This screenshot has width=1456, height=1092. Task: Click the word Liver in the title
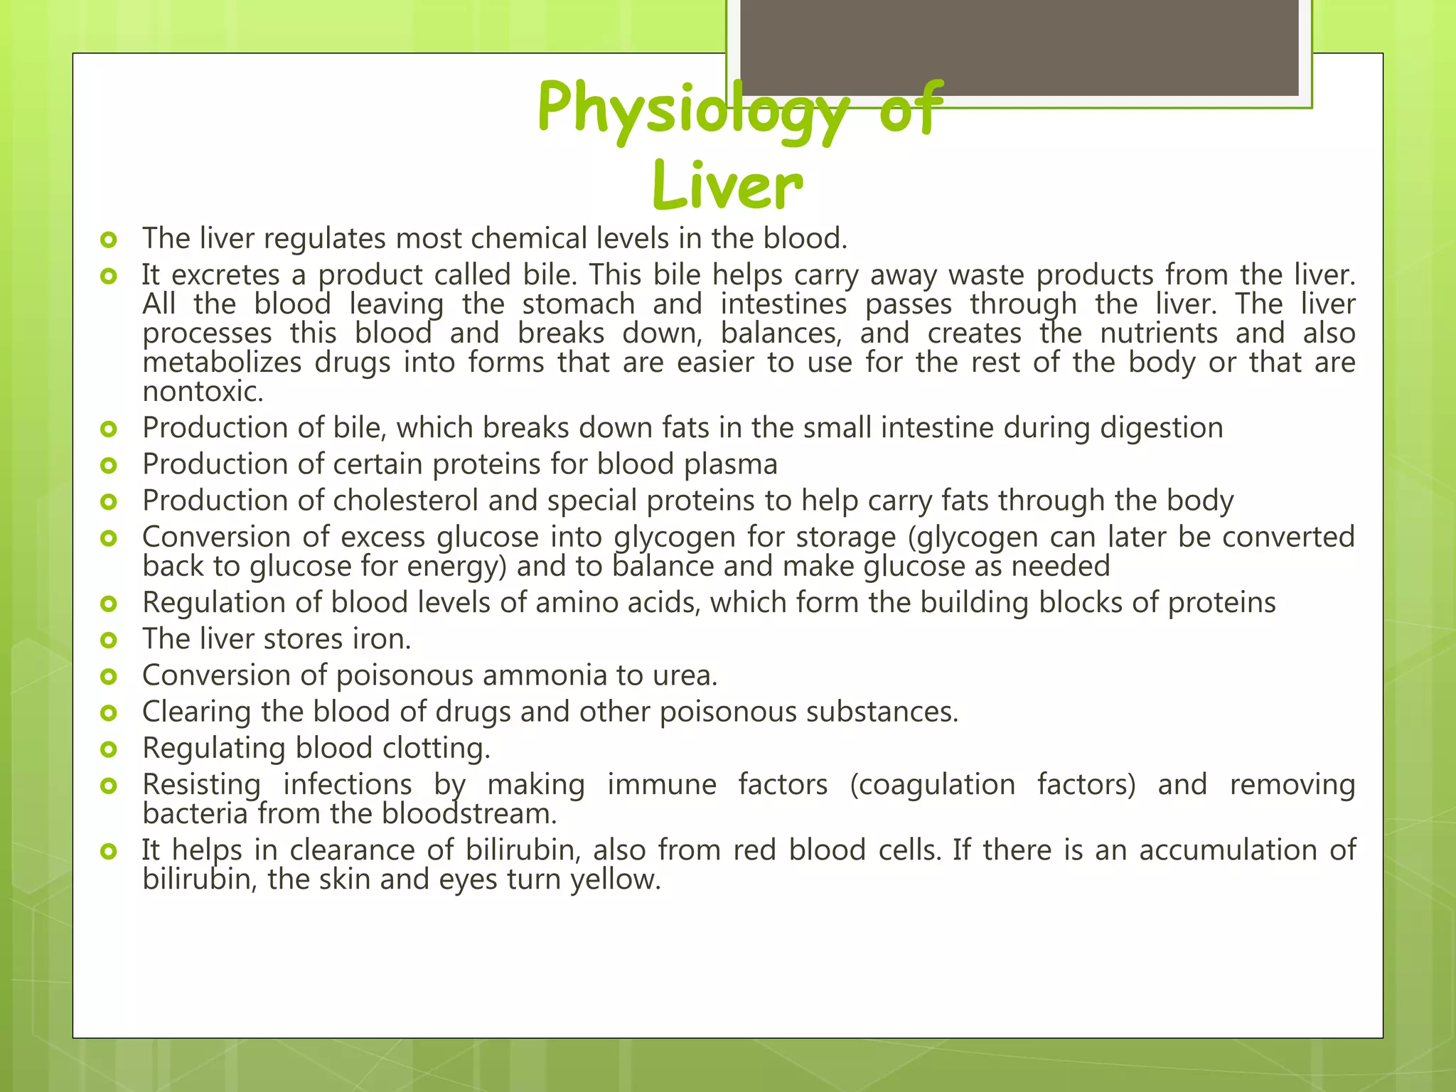tap(727, 186)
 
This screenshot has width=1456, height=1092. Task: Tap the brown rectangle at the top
tap(1019, 47)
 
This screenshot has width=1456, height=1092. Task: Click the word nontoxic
tap(203, 392)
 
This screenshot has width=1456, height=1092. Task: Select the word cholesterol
tap(405, 500)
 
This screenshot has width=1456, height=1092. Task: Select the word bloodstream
tap(469, 814)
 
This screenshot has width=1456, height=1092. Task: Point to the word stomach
tap(578, 305)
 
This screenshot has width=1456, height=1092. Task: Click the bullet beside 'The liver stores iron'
tap(108, 640)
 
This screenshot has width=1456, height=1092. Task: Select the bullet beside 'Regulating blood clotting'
tap(108, 749)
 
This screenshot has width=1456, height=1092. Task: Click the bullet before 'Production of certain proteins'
tap(108, 466)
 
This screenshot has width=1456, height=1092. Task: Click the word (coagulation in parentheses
tap(932, 785)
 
